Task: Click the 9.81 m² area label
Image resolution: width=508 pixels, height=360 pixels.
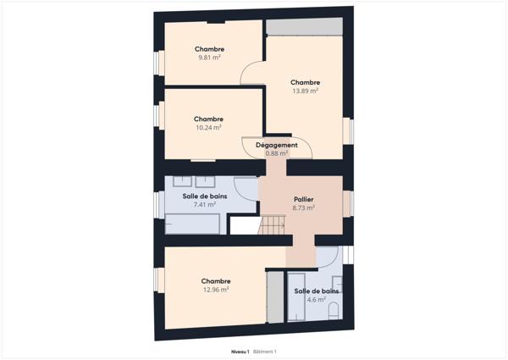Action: click(x=209, y=58)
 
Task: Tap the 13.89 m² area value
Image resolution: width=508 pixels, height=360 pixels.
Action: click(x=305, y=91)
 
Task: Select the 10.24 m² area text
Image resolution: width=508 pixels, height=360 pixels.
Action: click(x=208, y=127)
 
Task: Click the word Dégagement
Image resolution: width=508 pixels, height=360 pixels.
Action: click(x=277, y=145)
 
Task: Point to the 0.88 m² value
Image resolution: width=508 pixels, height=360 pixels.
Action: click(x=277, y=153)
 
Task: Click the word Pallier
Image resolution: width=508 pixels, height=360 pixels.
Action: click(x=303, y=199)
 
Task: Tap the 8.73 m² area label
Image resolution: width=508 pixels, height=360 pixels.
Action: click(x=303, y=208)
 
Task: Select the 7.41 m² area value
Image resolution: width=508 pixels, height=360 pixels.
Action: click(x=204, y=204)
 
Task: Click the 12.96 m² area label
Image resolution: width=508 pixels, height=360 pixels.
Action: click(x=216, y=289)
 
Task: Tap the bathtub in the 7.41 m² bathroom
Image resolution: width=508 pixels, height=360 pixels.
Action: click(x=192, y=224)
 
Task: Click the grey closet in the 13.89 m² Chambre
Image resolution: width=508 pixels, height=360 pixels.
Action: click(x=304, y=26)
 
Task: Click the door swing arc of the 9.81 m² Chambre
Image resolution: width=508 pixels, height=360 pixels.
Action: click(x=253, y=75)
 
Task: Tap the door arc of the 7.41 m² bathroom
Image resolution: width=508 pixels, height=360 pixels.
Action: click(x=246, y=188)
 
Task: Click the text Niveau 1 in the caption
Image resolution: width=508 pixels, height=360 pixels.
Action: click(x=240, y=351)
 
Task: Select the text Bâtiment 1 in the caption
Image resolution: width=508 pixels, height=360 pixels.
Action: click(x=265, y=351)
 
